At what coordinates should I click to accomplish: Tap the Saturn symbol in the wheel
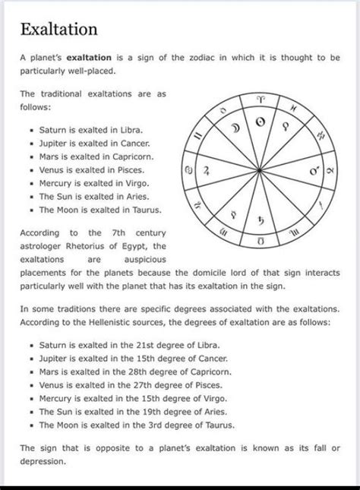tap(259, 221)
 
